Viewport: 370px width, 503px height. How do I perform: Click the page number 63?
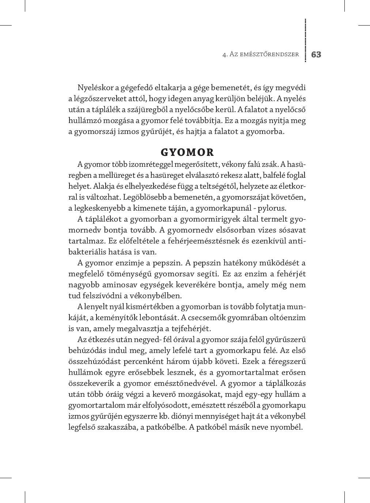(316, 55)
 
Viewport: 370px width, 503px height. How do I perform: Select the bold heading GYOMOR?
(187, 152)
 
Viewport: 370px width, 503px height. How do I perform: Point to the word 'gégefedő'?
(137, 88)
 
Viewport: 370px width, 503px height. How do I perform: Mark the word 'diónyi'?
(182, 416)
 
